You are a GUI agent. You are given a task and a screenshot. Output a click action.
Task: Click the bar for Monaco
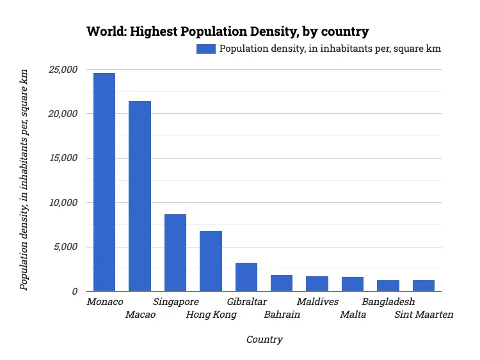[x=104, y=182]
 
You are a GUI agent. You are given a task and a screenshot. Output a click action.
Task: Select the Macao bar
[x=140, y=196]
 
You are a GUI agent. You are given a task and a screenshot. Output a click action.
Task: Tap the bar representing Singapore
[x=175, y=253]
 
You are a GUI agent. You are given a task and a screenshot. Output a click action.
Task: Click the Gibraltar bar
[x=246, y=277]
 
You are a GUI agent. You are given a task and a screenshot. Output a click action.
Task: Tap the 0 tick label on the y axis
[x=74, y=292]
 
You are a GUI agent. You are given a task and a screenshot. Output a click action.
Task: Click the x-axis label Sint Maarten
[x=424, y=315]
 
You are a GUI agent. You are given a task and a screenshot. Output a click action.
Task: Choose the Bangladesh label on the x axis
[x=388, y=302]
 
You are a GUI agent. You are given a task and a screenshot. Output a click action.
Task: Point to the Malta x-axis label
[x=353, y=315]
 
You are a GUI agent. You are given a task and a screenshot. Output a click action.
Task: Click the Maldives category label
[x=317, y=302]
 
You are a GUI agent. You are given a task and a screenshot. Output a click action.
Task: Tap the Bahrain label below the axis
[x=282, y=315]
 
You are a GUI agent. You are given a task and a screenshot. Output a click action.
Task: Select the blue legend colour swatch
[x=207, y=49]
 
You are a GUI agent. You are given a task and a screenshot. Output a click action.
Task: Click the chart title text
[x=228, y=31]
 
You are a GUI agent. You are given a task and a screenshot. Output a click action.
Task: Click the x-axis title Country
[x=264, y=340]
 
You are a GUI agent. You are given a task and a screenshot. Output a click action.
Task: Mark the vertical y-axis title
[x=24, y=181]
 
